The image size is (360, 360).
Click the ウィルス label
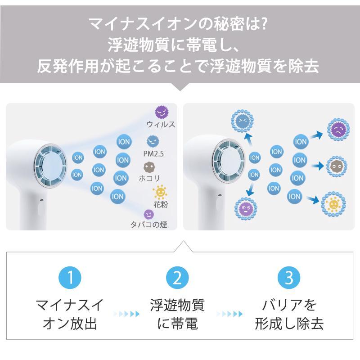161,125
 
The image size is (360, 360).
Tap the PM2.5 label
153,153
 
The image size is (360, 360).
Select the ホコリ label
149,178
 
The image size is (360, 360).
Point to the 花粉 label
161,204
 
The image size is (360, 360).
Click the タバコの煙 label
149,224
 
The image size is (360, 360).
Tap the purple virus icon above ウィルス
162,112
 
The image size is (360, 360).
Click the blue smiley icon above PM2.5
153,141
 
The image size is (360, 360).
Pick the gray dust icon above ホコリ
150,167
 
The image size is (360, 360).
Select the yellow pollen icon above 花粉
160,192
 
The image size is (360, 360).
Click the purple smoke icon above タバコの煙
149,214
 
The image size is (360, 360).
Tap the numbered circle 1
70,278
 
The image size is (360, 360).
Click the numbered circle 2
177,278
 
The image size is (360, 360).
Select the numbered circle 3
289,278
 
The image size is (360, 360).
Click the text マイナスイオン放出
70,314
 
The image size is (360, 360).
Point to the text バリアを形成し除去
289,314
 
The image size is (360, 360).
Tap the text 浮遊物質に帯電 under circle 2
177,314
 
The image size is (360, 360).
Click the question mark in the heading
264,24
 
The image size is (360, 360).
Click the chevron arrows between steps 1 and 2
127,314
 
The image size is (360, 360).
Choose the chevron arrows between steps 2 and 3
229,314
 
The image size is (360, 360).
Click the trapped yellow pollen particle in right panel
333,204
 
